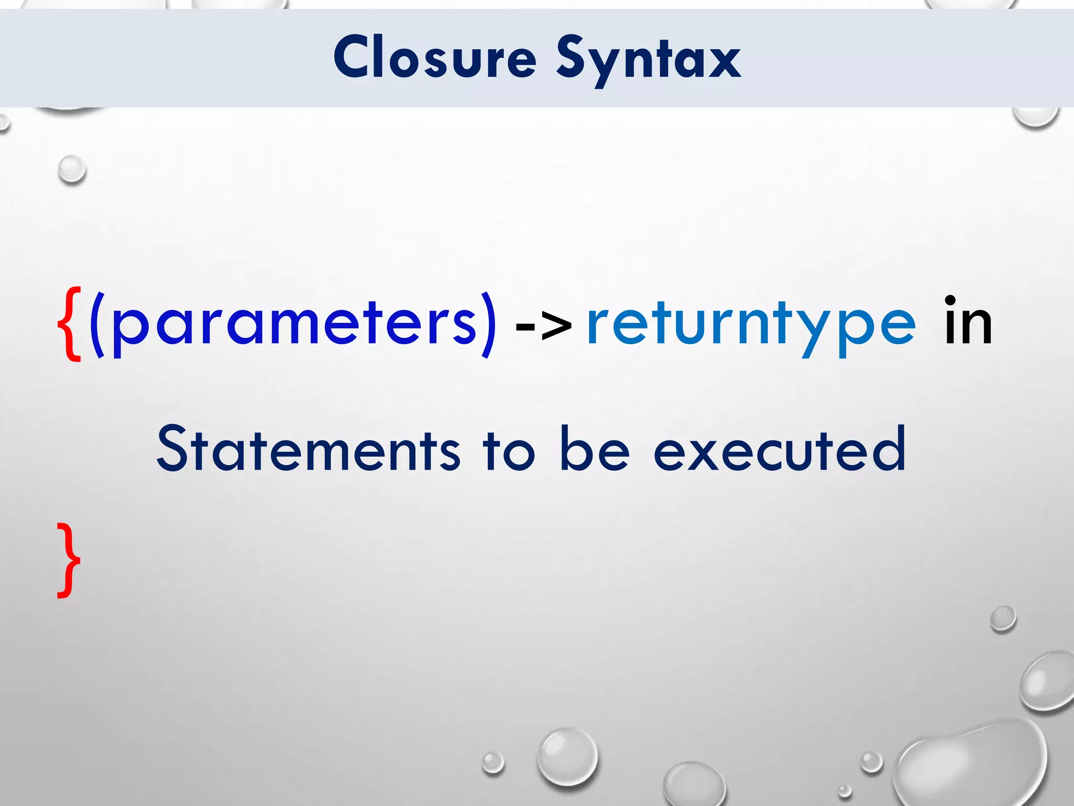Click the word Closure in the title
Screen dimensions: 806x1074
click(435, 58)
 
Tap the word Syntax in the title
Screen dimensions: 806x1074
click(648, 60)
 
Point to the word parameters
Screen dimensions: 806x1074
click(294, 325)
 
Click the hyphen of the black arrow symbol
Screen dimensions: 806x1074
click(525, 326)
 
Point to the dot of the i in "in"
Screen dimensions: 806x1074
click(950, 301)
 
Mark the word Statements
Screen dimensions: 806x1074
click(308, 449)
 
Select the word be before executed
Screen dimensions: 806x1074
click(594, 449)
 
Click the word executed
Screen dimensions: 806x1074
click(780, 449)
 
